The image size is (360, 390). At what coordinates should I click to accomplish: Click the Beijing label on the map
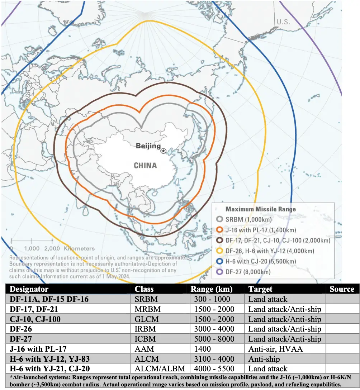coord(148,146)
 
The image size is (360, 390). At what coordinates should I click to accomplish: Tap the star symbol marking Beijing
coord(164,151)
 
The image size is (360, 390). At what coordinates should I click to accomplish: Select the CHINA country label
coord(145,166)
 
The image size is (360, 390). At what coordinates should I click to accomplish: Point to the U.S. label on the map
coord(283,22)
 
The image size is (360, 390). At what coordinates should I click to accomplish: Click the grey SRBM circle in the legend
coord(220,220)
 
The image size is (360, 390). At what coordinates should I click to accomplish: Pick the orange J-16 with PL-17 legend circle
coord(220,230)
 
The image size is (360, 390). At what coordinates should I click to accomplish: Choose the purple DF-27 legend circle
coord(220,272)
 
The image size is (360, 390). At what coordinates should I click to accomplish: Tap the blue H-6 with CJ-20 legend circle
coord(220,262)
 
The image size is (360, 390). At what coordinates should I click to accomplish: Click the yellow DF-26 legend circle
coord(220,251)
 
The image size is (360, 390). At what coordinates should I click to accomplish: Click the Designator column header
coord(29,289)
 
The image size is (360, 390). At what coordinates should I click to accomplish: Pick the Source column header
coord(342,289)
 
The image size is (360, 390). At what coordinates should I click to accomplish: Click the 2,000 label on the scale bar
coord(52,248)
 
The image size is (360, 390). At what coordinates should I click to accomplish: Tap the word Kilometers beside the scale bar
coord(80,248)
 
